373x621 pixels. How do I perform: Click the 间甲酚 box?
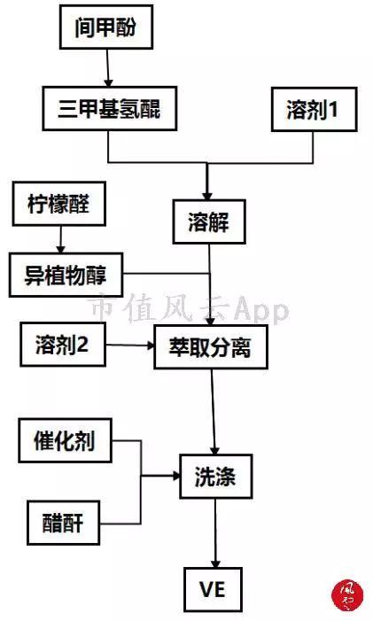pos(106,27)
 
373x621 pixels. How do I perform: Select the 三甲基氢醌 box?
pos(110,108)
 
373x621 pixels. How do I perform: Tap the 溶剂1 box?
pos(314,109)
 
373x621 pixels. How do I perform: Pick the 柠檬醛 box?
pos(59,204)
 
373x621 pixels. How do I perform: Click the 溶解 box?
pos(209,221)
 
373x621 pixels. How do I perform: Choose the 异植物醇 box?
pos(66,275)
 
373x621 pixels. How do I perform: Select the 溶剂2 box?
pos(63,345)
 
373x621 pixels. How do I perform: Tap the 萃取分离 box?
pos(211,347)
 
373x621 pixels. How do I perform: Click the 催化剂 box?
pos(65,440)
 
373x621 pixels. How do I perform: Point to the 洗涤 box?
pos(216,477)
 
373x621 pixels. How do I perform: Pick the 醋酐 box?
pos(63,523)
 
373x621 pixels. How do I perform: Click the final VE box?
pos(213,589)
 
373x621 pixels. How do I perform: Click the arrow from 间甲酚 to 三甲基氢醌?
pos(108,68)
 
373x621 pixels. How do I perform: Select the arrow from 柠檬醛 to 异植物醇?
pos(60,239)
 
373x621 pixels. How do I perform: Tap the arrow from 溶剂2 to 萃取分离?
pos(130,345)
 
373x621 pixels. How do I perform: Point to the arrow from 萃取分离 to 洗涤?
pos(214,412)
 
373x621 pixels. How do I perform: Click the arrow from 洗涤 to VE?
pos(215,533)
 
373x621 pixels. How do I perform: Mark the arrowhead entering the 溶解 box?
pos(207,196)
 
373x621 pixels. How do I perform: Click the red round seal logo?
pos(348,595)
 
